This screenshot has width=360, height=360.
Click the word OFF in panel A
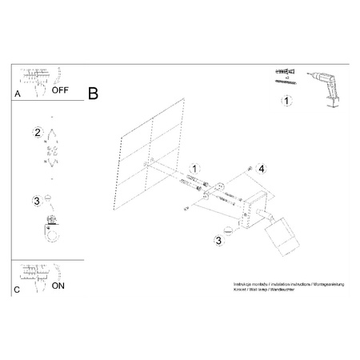click(x=61, y=90)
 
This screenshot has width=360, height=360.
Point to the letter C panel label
click(x=18, y=289)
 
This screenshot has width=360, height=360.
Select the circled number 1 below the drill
click(x=286, y=101)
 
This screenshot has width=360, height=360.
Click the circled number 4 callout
click(x=261, y=168)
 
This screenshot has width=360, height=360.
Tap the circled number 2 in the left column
click(x=37, y=132)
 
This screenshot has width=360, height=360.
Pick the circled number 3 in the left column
click(x=37, y=200)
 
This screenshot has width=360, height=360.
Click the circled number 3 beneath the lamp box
click(x=219, y=239)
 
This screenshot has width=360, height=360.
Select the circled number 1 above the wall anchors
click(x=193, y=168)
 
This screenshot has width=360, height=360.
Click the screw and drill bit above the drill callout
click(x=286, y=75)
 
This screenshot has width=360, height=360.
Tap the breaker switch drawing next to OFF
click(x=33, y=80)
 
